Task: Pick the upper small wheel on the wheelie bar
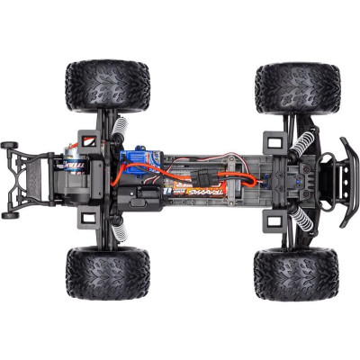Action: point(11,144)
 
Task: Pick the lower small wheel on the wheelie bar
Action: point(11,214)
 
